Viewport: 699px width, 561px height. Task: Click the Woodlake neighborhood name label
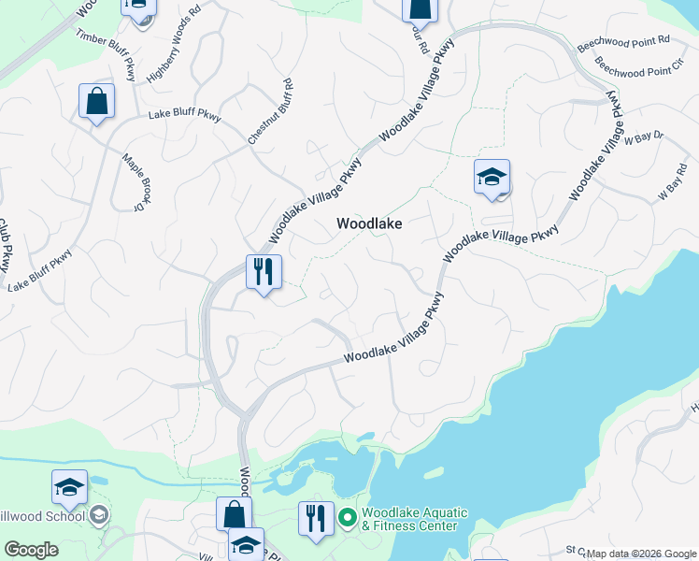[369, 224]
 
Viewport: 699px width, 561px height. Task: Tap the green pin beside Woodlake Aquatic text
[348, 516]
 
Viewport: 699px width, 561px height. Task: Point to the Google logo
[31, 550]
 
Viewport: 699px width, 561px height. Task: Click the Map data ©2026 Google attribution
[641, 554]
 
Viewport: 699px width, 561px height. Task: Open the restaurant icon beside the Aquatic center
[316, 517]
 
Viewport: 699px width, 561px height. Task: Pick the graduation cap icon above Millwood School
[69, 487]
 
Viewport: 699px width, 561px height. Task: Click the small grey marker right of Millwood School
[99, 515]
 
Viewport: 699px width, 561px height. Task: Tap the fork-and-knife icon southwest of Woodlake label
[264, 272]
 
